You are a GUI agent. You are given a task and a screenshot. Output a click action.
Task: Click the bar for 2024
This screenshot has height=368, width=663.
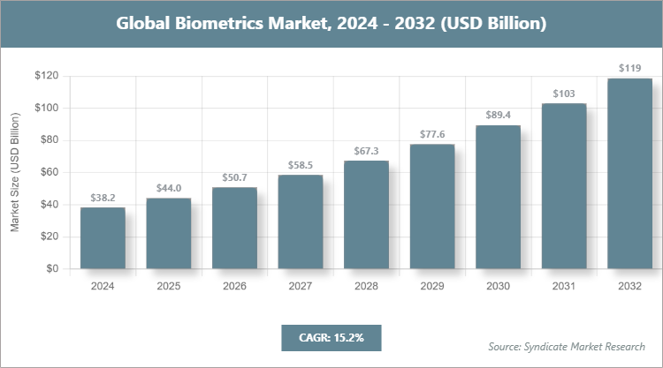click(x=103, y=238)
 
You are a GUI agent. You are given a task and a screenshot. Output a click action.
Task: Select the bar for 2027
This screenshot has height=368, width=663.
click(x=301, y=222)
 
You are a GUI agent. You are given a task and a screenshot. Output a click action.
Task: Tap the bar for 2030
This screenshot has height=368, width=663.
click(x=498, y=197)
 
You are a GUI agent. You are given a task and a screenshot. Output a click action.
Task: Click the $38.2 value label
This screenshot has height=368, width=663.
click(x=103, y=199)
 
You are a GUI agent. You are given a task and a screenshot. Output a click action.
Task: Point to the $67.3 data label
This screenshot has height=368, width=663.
click(x=366, y=152)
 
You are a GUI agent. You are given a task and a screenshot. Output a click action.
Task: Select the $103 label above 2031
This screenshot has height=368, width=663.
click(x=564, y=94)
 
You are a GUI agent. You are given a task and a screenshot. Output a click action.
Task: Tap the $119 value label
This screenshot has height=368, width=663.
click(x=629, y=69)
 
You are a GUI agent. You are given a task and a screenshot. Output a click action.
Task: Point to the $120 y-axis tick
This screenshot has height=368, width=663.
click(x=47, y=76)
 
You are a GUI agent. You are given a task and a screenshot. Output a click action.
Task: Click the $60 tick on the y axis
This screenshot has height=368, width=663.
click(x=50, y=172)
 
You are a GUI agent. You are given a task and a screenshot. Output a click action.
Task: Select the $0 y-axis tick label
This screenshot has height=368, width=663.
click(x=53, y=268)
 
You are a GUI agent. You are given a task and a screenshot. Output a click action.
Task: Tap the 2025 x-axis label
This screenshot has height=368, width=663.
click(x=168, y=286)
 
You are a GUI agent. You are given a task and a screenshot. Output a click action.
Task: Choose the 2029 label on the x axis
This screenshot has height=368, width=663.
click(x=431, y=286)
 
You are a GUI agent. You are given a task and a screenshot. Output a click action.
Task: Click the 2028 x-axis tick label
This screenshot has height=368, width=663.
click(x=366, y=286)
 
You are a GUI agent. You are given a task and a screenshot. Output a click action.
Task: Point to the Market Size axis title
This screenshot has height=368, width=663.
click(x=15, y=172)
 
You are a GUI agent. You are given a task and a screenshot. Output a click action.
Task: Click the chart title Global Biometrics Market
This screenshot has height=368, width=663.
click(x=331, y=23)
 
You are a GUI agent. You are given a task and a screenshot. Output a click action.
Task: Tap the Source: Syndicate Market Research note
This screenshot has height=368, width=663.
click(x=567, y=346)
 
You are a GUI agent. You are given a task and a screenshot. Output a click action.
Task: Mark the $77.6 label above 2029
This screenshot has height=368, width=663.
click(x=431, y=135)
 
